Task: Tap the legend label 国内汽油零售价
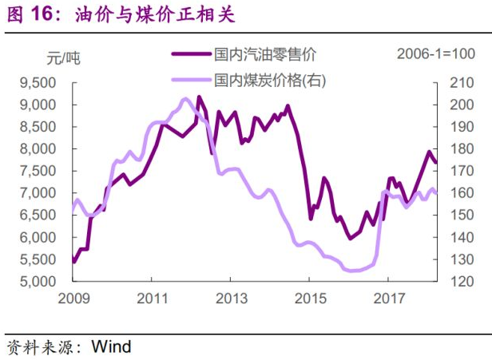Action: (265, 54)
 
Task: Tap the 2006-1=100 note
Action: (436, 54)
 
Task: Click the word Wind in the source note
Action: (112, 346)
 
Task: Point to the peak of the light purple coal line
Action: (184, 99)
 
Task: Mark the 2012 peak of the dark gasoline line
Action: (199, 97)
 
